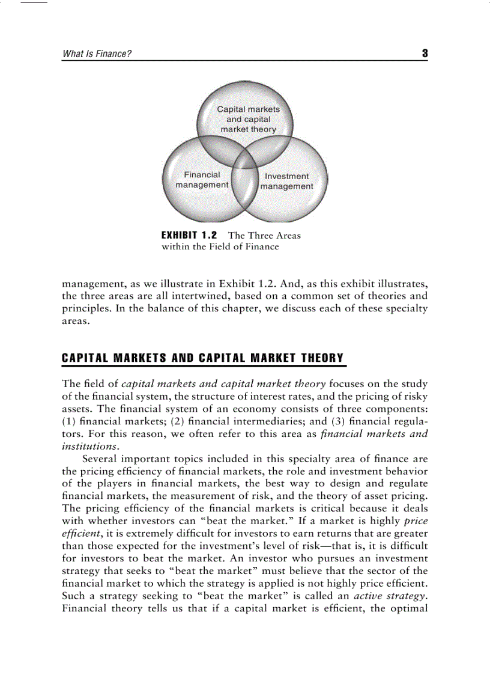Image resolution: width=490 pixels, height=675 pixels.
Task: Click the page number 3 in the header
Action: pos(425,53)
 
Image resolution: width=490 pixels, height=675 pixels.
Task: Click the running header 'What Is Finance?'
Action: pos(97,54)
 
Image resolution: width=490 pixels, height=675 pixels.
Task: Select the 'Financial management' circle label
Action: pos(202,180)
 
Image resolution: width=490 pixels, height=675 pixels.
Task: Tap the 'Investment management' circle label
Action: pos(286,182)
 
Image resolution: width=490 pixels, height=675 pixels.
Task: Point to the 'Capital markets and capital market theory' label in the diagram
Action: pos(248,119)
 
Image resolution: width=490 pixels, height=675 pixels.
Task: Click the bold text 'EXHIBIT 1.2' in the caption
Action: pos(189,235)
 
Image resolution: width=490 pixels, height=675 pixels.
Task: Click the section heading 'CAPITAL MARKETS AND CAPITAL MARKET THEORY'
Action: pos(204,358)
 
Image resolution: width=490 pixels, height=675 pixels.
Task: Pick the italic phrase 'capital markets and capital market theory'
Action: pos(223,383)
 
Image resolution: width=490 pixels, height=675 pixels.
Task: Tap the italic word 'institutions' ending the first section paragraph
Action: pos(90,447)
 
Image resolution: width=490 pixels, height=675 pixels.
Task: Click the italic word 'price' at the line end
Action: pos(416,521)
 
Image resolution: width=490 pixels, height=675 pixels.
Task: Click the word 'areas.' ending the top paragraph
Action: pos(76,321)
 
